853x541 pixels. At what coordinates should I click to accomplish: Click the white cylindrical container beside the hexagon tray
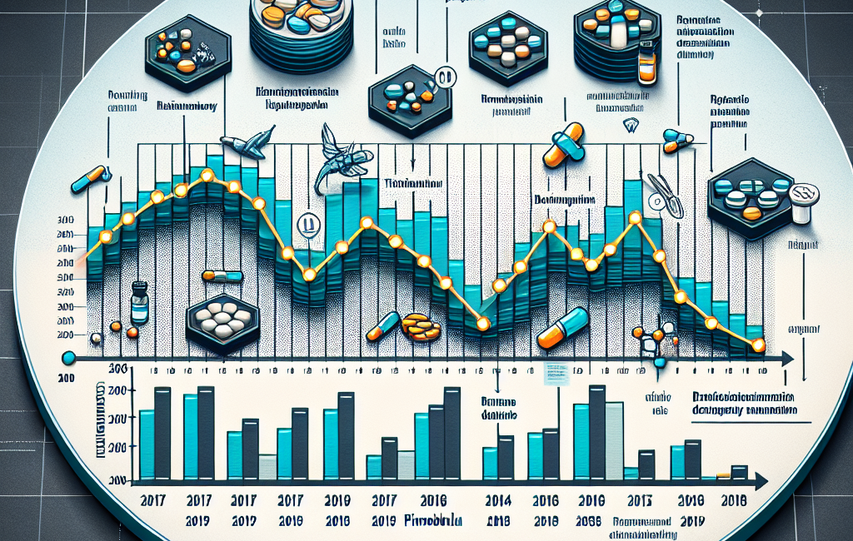[806, 201]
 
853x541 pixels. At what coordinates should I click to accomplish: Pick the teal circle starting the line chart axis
[69, 358]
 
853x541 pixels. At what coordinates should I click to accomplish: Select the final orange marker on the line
[757, 345]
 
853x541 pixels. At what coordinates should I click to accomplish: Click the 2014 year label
[497, 502]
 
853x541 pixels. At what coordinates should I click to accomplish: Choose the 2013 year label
[640, 502]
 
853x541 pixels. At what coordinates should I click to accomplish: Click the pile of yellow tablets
[421, 326]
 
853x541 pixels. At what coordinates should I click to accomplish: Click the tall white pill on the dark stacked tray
[617, 33]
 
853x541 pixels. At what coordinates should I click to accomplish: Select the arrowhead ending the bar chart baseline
[761, 482]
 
